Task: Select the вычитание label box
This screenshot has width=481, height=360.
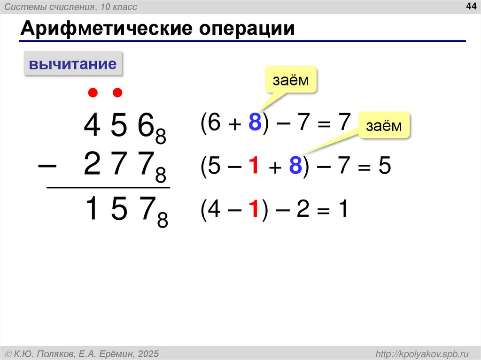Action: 73,64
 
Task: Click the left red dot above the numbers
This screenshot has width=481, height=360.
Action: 93,93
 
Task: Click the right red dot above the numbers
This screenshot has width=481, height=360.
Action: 117,93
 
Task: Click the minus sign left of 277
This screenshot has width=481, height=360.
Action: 47,167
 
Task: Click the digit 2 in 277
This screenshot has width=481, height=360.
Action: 92,167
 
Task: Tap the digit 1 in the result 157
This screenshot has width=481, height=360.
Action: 93,210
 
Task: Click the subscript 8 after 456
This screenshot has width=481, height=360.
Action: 161,136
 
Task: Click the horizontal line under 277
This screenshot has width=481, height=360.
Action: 108,188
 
